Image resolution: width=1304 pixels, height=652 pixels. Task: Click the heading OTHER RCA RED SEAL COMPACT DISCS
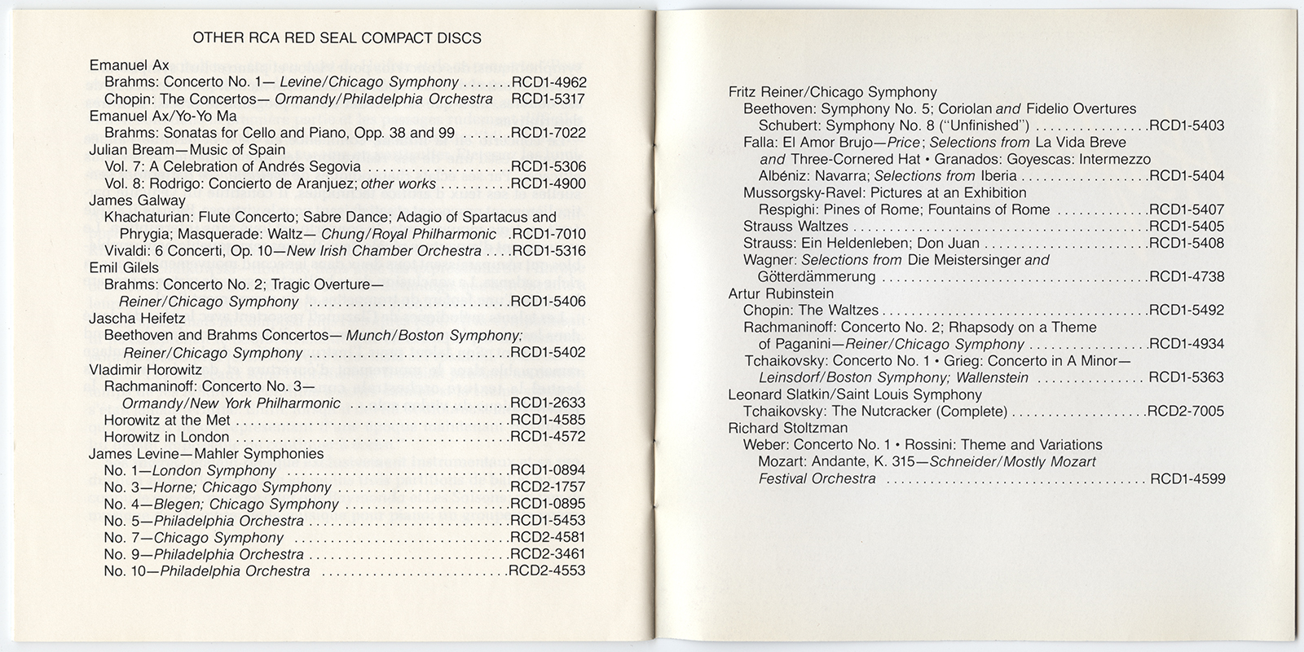(x=336, y=38)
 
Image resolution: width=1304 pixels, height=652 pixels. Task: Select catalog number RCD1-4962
(x=548, y=82)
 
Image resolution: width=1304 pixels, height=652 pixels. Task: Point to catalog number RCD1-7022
(x=548, y=133)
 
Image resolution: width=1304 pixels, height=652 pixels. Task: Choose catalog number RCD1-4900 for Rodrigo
(x=548, y=183)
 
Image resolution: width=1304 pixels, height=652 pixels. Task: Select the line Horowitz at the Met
(x=167, y=421)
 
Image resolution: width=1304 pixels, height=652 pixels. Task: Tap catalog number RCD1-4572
(x=548, y=437)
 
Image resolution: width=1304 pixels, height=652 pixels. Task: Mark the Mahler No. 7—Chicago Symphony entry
(x=194, y=538)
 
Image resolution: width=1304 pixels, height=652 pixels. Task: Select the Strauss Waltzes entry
(x=795, y=227)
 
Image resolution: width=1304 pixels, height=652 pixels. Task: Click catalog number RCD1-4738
(x=1186, y=277)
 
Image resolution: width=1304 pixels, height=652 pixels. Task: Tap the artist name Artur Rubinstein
(x=781, y=293)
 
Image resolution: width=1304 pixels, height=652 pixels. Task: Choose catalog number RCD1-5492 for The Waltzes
(x=1186, y=311)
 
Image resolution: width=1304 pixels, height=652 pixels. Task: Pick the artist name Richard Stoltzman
(x=787, y=428)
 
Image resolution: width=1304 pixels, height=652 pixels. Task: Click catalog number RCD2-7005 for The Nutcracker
(x=1186, y=412)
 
